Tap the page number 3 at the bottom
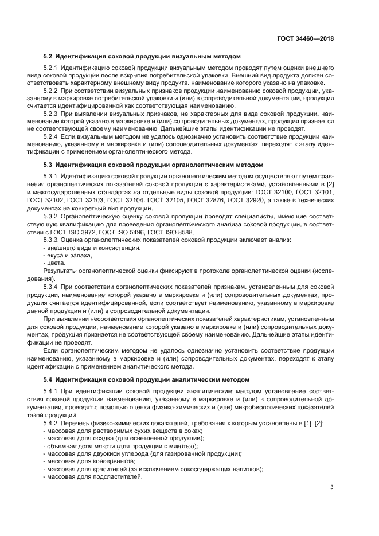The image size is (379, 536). (x=331, y=488)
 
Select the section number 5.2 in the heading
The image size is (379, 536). (x=48, y=56)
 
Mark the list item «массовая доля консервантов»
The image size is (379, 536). (x=91, y=461)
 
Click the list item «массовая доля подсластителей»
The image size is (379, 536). (x=94, y=476)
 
